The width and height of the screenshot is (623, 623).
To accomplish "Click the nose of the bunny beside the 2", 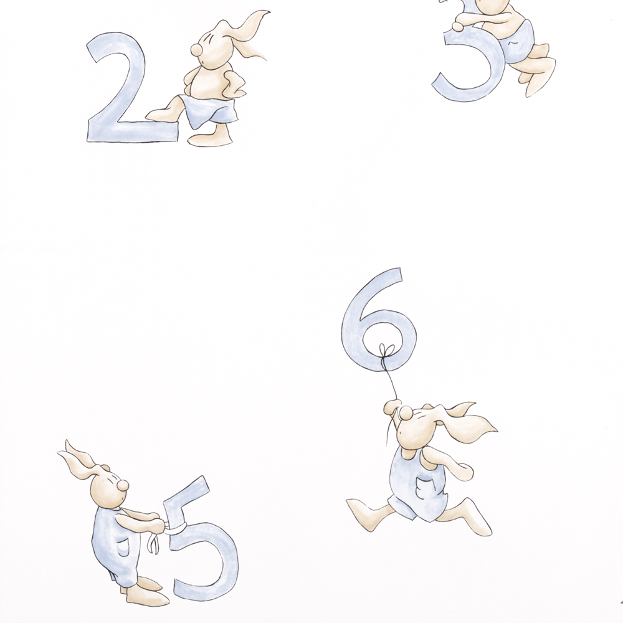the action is pos(196,49).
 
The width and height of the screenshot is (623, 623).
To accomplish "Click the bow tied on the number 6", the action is pos(385,351).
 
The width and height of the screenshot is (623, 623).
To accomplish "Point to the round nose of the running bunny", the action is pos(406,413).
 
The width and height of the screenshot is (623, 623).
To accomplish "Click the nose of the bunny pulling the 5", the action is pos(123,485).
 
